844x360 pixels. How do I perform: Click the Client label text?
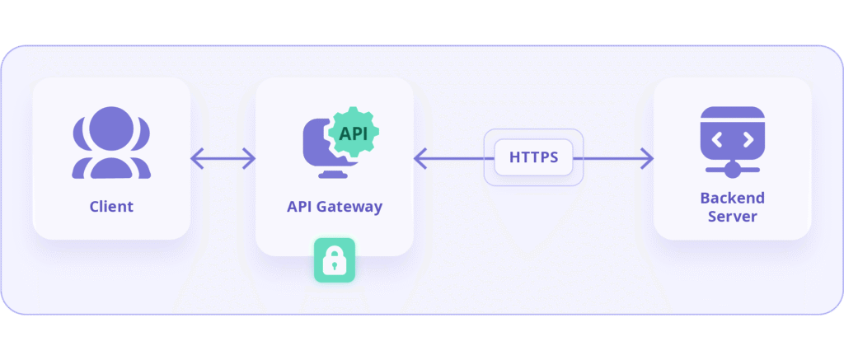pos(111,206)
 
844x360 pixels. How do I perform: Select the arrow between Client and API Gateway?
pos(223,158)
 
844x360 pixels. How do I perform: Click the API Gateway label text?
pos(334,206)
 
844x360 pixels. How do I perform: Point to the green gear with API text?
pos(353,133)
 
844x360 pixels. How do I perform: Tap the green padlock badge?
pos(334,260)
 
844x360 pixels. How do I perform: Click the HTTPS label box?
pos(533,157)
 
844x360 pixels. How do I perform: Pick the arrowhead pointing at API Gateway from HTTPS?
pos(420,158)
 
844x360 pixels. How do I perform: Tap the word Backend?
pos(732,198)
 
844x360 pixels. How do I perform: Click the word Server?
pos(732,217)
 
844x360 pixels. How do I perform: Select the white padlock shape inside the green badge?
pos(334,262)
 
